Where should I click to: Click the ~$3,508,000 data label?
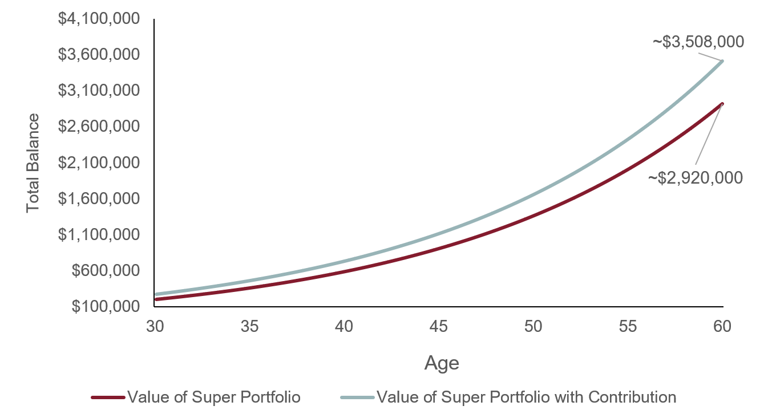(698, 42)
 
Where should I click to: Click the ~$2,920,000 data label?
(695, 178)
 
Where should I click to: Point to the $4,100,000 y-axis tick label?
(99, 19)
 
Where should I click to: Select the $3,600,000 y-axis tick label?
(99, 55)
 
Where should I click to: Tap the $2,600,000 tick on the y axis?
(99, 127)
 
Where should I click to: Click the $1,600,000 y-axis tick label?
(99, 198)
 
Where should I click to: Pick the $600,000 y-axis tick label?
(106, 270)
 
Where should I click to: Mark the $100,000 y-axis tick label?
(106, 306)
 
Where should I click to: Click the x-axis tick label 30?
(155, 326)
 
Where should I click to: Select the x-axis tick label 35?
(249, 326)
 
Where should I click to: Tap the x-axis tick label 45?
(439, 326)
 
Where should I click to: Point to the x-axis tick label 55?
(628, 326)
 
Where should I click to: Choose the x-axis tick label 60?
(723, 326)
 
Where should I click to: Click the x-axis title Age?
(442, 363)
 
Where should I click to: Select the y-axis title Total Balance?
(33, 163)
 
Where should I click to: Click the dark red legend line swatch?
(108, 397)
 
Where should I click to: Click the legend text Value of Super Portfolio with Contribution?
(527, 397)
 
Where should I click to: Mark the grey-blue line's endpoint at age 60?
(722, 61)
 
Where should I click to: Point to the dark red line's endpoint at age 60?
(722, 104)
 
